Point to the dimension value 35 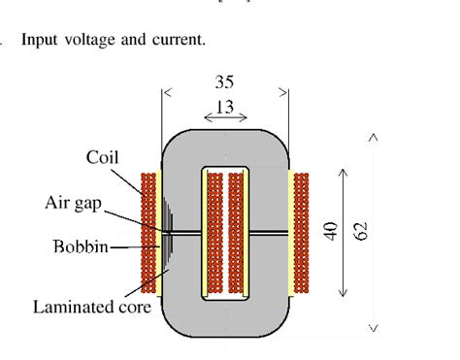224,83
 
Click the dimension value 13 224,108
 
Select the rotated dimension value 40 330,231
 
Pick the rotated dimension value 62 362,231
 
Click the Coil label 103,157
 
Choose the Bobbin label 81,245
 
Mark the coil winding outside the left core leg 148,233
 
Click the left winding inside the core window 212,233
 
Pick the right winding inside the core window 238,233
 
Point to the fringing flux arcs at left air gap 167,232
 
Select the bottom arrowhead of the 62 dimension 373,327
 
